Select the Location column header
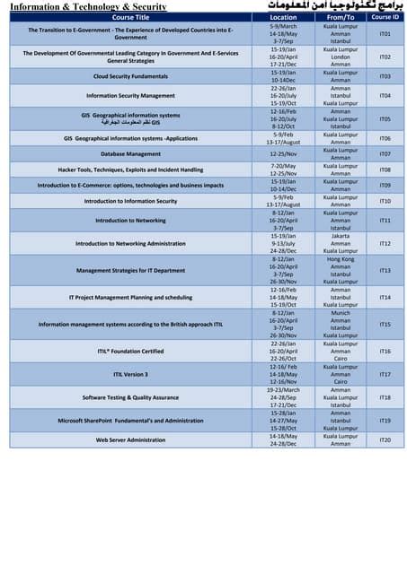(x=283, y=17)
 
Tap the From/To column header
(x=341, y=17)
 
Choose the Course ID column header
(x=385, y=17)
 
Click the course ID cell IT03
(x=385, y=76)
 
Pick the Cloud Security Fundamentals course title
(x=130, y=76)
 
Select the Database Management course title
(x=130, y=154)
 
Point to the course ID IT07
(x=385, y=154)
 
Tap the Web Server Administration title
(x=130, y=439)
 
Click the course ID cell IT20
(x=385, y=439)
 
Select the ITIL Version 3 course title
(x=130, y=374)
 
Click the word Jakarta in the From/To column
(x=341, y=236)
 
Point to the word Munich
(x=341, y=313)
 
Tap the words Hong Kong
(x=341, y=259)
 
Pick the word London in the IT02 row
(x=341, y=57)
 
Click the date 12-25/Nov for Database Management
(x=283, y=154)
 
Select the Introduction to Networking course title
(x=130, y=221)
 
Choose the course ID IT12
(x=385, y=244)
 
